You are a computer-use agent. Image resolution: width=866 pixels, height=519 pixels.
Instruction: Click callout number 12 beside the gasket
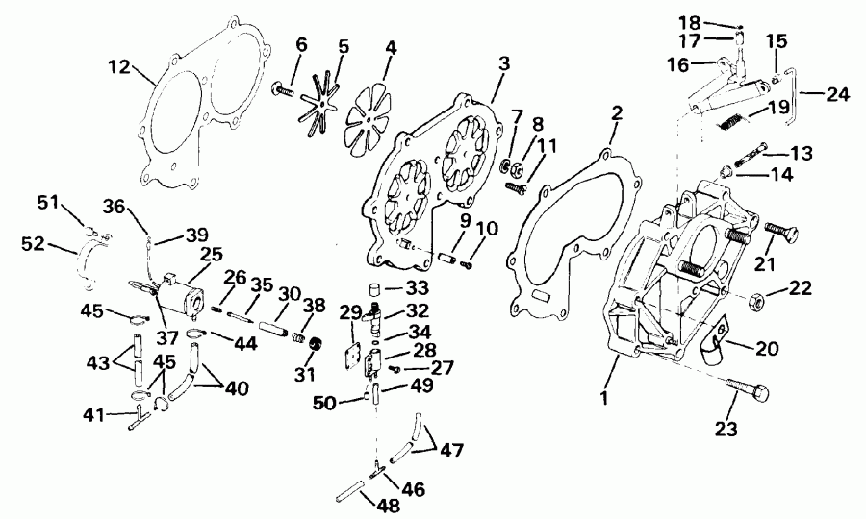tap(118, 67)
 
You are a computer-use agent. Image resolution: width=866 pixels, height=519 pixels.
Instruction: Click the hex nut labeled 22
tap(755, 297)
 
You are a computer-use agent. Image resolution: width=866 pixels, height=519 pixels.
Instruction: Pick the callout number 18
tap(713, 21)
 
